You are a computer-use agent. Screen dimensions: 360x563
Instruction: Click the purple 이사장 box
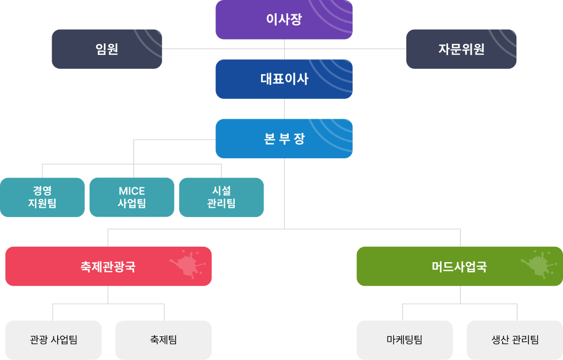[x=284, y=20]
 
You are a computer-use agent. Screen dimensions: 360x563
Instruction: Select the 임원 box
[x=107, y=49]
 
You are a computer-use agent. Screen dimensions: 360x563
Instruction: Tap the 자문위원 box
[x=461, y=49]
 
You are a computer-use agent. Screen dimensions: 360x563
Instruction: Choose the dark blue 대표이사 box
[x=284, y=79]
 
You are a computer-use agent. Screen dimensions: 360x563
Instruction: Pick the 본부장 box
[x=284, y=139]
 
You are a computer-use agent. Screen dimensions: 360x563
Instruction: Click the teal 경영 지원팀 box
[x=42, y=197]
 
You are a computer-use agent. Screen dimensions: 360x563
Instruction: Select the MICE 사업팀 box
[x=132, y=197]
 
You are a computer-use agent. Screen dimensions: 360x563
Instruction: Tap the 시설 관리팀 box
[x=221, y=197]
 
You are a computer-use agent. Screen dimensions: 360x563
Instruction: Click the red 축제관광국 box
[x=108, y=267]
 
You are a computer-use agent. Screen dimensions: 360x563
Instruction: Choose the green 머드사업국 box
[x=459, y=267]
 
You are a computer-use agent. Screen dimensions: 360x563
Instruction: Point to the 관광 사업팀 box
[x=53, y=340]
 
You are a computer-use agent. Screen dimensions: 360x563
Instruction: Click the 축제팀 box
[x=163, y=340]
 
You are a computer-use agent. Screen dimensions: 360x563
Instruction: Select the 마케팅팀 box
[x=405, y=340]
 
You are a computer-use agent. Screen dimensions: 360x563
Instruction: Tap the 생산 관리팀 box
[x=515, y=340]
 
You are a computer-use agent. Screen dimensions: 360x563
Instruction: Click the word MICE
[x=132, y=191]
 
